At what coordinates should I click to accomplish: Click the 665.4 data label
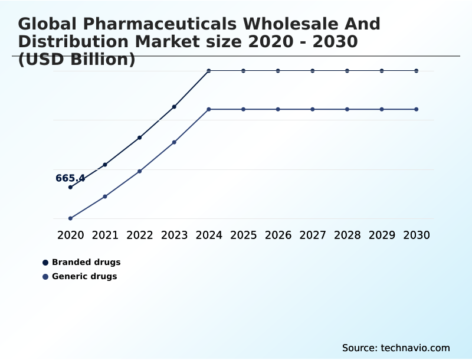tap(70, 178)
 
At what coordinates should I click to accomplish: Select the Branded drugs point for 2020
tap(70, 187)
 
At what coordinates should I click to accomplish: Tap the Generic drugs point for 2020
tap(70, 218)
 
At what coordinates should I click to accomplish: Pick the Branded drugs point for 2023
tap(174, 107)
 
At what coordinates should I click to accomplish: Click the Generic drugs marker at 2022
tap(140, 171)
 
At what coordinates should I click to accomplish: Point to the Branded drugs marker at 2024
tap(209, 71)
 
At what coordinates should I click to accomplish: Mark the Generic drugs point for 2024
tap(209, 109)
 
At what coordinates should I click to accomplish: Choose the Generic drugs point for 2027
tap(313, 109)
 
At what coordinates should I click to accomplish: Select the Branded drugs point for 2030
tap(417, 71)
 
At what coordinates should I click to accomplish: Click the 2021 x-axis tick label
tap(105, 235)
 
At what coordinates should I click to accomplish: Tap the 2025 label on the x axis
tap(243, 235)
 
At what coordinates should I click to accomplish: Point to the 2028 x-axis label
tap(347, 235)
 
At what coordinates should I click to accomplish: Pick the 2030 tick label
tap(417, 235)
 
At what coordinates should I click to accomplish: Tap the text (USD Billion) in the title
tap(77, 60)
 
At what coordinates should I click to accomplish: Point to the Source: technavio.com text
tap(396, 348)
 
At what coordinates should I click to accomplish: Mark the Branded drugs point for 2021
tap(105, 165)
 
